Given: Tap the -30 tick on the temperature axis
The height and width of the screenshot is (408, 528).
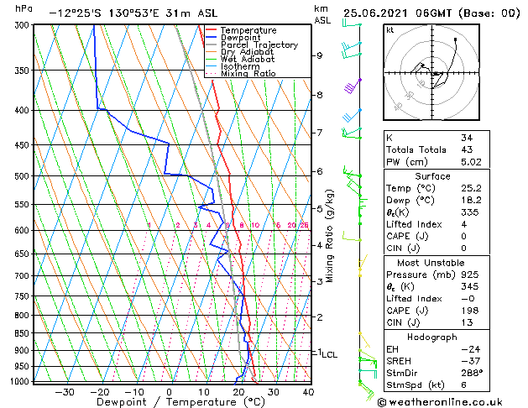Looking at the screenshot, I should point(65,391).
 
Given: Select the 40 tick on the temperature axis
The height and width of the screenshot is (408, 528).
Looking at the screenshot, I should point(308,391).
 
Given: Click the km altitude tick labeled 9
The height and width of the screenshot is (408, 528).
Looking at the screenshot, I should point(320,55).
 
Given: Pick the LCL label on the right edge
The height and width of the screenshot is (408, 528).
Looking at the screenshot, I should point(330,355).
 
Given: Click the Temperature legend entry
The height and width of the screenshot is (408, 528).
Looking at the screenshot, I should point(248,30).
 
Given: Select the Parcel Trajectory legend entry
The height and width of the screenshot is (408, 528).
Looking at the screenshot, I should point(259,45).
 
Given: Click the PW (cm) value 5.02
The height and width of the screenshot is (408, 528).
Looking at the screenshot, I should point(471,162).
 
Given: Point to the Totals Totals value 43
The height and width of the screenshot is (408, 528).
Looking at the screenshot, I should point(466,149).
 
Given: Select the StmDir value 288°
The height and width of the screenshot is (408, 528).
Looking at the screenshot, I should point(471,374).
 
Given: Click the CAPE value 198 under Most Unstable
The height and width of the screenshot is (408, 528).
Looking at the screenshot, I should point(468,311).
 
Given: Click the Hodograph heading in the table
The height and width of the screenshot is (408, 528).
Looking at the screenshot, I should point(433,336).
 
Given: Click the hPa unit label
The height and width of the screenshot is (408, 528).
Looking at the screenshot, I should point(24,8).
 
